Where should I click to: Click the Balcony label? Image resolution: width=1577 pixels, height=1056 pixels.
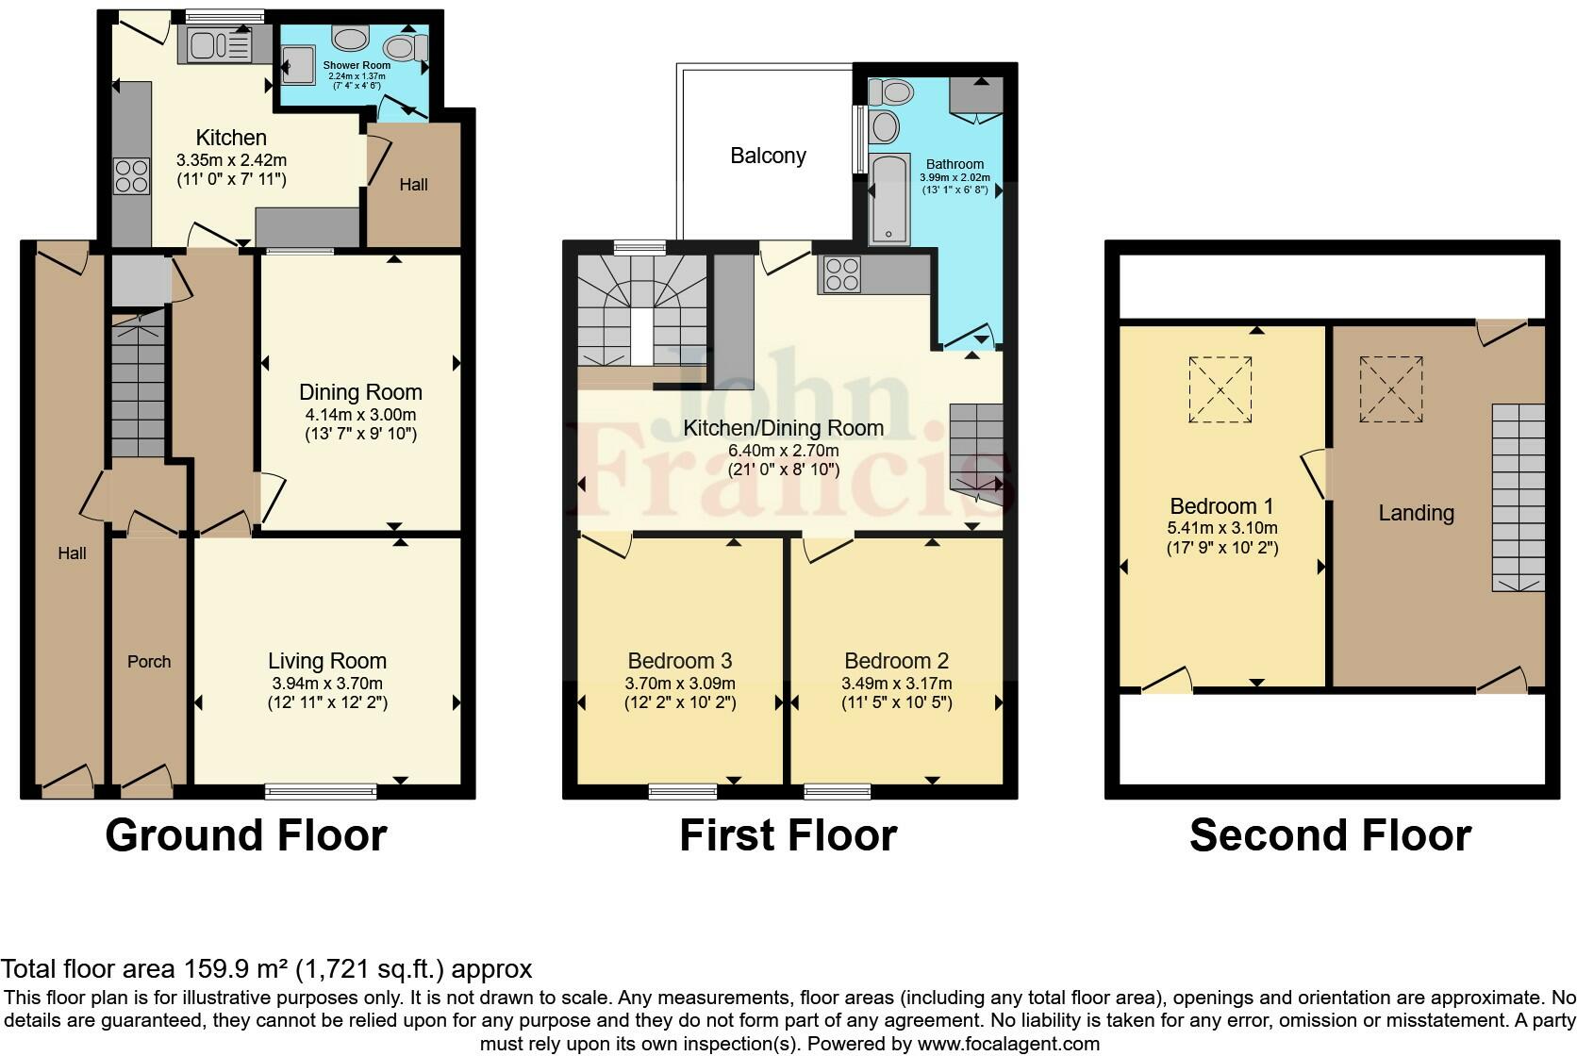click(x=768, y=156)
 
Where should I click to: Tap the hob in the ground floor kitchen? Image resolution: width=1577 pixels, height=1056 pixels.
click(x=131, y=176)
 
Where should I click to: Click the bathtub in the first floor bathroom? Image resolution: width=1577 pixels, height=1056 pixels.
click(x=888, y=198)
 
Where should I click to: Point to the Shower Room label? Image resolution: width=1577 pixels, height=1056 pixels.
click(x=357, y=65)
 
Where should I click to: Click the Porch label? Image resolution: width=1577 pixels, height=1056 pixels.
click(x=149, y=662)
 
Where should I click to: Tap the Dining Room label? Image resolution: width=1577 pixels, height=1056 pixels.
click(x=360, y=392)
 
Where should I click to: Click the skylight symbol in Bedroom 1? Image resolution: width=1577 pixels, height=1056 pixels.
click(x=1220, y=388)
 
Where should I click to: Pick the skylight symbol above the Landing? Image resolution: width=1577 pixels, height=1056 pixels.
click(x=1390, y=388)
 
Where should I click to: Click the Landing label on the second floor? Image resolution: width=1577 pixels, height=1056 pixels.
click(x=1416, y=513)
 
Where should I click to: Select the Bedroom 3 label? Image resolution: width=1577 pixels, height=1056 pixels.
click(x=680, y=661)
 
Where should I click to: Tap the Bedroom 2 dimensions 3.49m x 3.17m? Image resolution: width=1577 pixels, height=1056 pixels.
click(x=896, y=684)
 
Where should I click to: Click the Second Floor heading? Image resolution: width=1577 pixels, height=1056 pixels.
click(x=1330, y=835)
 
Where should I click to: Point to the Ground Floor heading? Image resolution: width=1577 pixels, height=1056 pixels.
click(x=246, y=835)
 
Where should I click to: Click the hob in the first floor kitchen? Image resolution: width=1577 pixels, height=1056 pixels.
click(x=841, y=272)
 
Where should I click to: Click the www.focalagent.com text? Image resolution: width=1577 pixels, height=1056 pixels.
click(x=1007, y=1044)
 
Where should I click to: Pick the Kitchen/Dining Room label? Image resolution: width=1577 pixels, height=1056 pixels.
click(x=783, y=428)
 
